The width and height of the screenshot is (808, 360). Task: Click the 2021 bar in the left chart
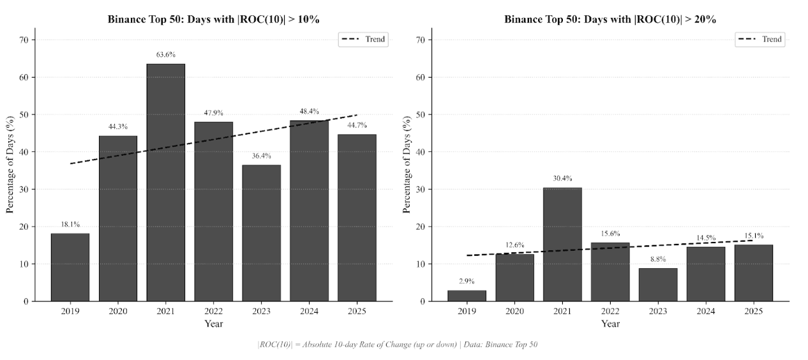click(166, 182)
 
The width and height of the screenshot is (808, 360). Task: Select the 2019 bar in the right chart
click(467, 296)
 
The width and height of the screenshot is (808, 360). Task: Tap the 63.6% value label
click(166, 55)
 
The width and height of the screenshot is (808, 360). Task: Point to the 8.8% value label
click(657, 259)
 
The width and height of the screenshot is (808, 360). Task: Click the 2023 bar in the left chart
click(261, 233)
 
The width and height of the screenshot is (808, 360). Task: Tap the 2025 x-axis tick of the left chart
click(357, 311)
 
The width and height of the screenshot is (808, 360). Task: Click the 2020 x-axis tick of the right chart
click(514, 311)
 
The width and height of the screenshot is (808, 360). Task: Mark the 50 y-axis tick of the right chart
click(421, 115)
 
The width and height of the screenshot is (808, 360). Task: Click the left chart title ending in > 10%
click(213, 20)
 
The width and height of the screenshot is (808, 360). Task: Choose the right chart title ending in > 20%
click(610, 20)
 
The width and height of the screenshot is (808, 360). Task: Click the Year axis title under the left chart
click(213, 324)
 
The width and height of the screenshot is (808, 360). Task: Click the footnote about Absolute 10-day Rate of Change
click(398, 345)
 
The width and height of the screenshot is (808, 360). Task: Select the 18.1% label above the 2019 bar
click(70, 225)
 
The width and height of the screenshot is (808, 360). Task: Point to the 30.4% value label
click(562, 179)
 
